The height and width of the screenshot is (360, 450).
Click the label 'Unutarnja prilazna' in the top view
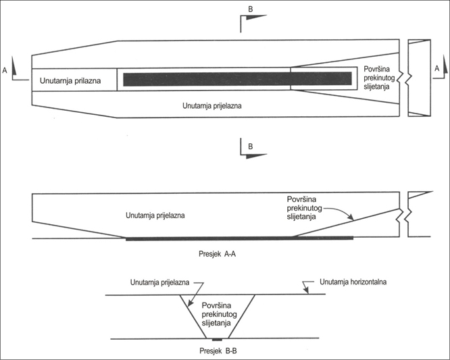70,81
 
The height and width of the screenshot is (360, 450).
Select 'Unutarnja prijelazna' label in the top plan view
212,106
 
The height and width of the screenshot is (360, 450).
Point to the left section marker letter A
5,69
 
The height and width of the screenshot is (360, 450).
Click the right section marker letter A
436,69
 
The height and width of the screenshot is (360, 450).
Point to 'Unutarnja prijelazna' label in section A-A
155,216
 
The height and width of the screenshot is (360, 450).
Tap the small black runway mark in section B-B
216,339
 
